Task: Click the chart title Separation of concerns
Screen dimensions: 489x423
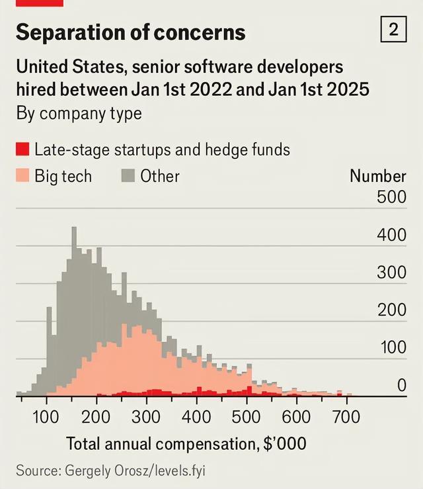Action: click(x=130, y=32)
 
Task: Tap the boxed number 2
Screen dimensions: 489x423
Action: click(x=393, y=30)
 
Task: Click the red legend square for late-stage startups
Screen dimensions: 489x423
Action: click(x=22, y=149)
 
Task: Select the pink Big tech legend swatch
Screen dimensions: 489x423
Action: click(x=22, y=176)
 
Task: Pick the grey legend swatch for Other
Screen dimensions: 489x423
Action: click(x=128, y=176)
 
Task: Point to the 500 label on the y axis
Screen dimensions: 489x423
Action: click(x=391, y=197)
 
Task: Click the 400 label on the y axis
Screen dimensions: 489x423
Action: click(x=391, y=235)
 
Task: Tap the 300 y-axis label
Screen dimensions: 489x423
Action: click(x=391, y=272)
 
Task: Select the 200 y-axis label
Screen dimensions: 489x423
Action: click(x=391, y=310)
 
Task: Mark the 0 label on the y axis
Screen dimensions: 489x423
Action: click(x=401, y=385)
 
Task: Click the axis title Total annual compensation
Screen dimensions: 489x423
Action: click(x=186, y=443)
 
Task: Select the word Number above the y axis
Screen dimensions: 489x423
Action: click(x=377, y=176)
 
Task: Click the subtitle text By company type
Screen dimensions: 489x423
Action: click(x=79, y=113)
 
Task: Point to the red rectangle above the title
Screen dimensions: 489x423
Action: click(x=40, y=3)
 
